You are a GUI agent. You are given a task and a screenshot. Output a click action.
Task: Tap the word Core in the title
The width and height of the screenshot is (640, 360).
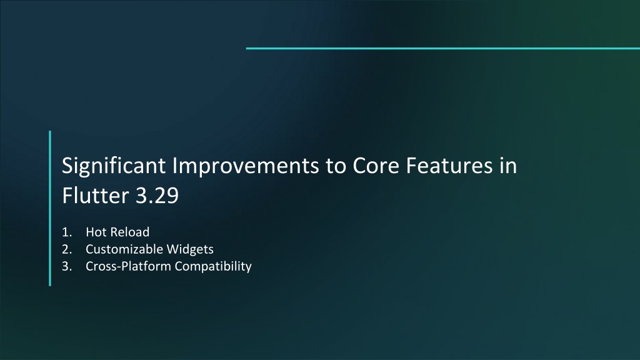[376, 166]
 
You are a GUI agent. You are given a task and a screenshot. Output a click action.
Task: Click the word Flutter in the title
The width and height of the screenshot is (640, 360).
[96, 195]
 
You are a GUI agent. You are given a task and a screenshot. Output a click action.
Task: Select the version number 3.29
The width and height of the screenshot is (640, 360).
[157, 196]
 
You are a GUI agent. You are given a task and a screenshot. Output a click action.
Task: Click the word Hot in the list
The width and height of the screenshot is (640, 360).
[96, 232]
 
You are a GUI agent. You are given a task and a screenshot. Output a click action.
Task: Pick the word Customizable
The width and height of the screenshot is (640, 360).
[124, 249]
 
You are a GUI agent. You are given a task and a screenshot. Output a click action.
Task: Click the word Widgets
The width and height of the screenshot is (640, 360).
[190, 249]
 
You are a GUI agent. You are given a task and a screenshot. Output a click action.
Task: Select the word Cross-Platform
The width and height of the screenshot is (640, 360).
[129, 266]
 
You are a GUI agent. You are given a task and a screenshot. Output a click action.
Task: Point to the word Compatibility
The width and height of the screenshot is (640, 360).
[213, 266]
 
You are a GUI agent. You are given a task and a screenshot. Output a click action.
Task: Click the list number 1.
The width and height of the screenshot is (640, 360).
[67, 232]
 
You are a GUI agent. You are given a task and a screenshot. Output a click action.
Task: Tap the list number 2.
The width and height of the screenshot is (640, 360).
[67, 249]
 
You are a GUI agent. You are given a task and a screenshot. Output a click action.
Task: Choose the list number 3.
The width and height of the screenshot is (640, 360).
[67, 266]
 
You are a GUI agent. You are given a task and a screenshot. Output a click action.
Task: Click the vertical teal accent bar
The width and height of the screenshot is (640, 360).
[50, 208]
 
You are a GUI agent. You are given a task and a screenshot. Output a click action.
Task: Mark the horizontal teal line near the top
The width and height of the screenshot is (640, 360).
[443, 48]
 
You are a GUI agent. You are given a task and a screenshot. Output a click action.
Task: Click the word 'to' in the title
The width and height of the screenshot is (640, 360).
[336, 166]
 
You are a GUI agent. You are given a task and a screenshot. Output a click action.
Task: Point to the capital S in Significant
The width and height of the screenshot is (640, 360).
[67, 166]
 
